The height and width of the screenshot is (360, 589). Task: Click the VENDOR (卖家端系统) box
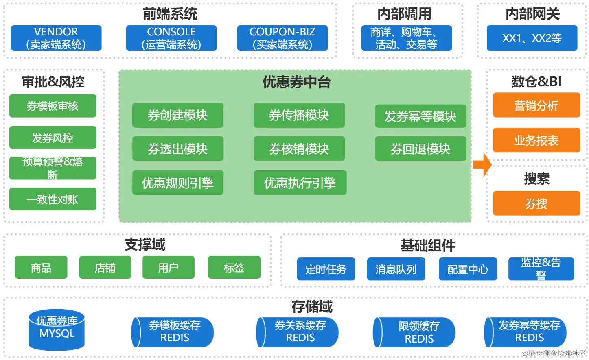pyautogui.click(x=56, y=38)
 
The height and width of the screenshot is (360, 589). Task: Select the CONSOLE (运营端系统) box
pyautogui.click(x=171, y=38)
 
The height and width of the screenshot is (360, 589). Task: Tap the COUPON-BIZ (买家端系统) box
pyautogui.click(x=282, y=38)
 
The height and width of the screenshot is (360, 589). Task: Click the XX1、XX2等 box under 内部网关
pyautogui.click(x=532, y=38)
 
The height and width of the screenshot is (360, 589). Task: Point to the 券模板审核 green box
pyautogui.click(x=53, y=106)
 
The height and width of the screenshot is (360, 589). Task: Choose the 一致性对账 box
pyautogui.click(x=53, y=199)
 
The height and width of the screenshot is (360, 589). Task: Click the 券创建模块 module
pyautogui.click(x=177, y=116)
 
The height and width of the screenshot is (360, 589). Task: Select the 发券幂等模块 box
pyautogui.click(x=420, y=116)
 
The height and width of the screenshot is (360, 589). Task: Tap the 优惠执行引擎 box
pyautogui.click(x=300, y=183)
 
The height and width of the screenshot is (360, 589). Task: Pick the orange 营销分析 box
pyautogui.click(x=536, y=105)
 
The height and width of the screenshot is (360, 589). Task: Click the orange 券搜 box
pyautogui.click(x=536, y=203)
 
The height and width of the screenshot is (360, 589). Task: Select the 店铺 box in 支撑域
pyautogui.click(x=105, y=268)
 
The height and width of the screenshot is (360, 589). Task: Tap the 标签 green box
pyautogui.click(x=234, y=268)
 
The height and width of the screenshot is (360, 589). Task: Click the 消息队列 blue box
pyautogui.click(x=396, y=269)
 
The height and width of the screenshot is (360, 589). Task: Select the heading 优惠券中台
pyautogui.click(x=296, y=82)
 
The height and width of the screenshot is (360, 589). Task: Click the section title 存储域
pyautogui.click(x=312, y=306)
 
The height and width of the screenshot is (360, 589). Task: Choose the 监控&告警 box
pyautogui.click(x=541, y=269)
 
